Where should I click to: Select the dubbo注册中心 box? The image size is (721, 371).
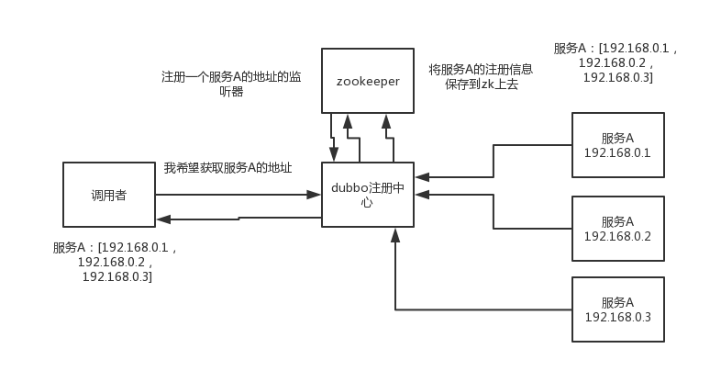click(368, 196)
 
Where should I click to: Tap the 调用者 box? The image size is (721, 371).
click(109, 195)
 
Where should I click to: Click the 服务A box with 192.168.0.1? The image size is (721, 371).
click(617, 145)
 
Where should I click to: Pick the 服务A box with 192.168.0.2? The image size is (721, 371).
click(617, 229)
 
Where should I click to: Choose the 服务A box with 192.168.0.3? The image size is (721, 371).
click(617, 309)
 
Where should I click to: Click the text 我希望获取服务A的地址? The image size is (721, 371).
click(227, 168)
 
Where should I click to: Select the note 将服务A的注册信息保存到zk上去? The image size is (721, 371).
click(481, 76)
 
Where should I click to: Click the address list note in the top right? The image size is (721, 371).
click(616, 62)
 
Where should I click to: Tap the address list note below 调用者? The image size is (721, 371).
click(116, 262)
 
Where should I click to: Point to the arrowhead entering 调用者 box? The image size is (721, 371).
click(161, 219)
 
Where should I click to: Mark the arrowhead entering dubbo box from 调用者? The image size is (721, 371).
click(316, 195)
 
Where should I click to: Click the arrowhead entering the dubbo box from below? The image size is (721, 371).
click(394, 235)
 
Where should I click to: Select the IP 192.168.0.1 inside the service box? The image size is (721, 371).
click(617, 153)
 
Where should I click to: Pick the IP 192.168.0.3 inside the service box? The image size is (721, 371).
click(617, 318)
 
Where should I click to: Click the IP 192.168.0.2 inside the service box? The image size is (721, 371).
click(617, 237)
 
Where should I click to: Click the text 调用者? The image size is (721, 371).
click(109, 195)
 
